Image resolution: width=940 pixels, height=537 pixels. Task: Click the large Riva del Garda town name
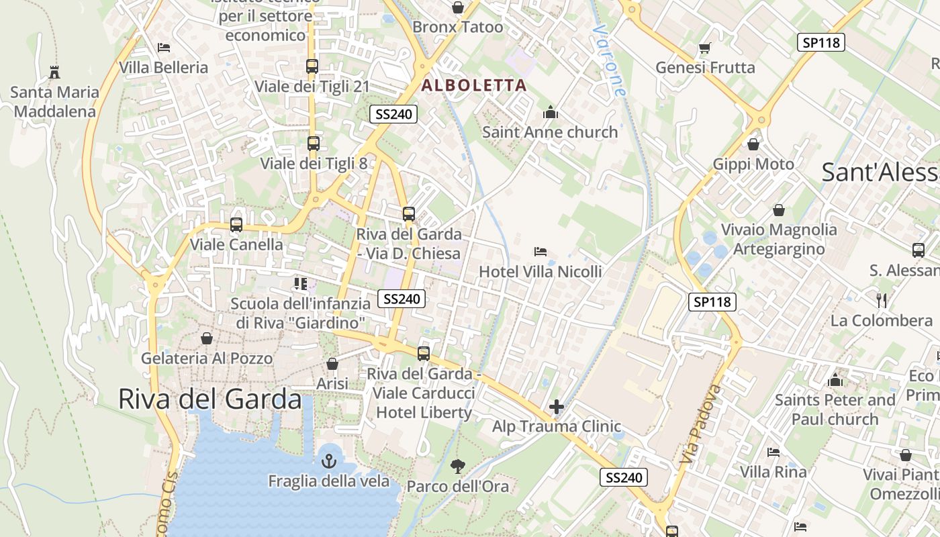[x=210, y=399]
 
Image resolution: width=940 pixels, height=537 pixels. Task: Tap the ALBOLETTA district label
[x=473, y=85]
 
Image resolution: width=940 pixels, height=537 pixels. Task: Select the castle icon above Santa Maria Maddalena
[x=54, y=72]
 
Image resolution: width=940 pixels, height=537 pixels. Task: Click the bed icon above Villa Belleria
[x=164, y=48]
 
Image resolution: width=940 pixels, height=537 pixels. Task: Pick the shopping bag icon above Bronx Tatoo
[x=458, y=7]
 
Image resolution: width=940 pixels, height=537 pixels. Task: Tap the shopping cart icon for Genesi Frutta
[x=705, y=48]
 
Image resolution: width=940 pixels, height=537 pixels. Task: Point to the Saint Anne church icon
[x=551, y=112]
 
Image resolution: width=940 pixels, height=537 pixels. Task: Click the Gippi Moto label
[x=753, y=164]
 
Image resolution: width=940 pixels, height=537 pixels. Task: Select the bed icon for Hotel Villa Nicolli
[x=540, y=252]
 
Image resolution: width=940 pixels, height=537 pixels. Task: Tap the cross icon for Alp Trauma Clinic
[x=556, y=407]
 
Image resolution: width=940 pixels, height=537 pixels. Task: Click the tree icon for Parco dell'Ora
[x=458, y=466]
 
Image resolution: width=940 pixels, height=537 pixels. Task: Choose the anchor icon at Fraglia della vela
[x=329, y=461]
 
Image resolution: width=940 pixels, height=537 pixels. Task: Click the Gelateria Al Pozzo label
[x=207, y=358]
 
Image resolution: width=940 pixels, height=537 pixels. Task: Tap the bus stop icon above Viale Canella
[x=236, y=225]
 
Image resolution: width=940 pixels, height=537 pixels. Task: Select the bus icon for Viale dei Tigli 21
[x=312, y=66]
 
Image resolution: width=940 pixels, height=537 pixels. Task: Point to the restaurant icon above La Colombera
[x=882, y=300]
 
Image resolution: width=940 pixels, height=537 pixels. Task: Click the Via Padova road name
[x=700, y=424]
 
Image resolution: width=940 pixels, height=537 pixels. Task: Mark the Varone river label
[x=610, y=60]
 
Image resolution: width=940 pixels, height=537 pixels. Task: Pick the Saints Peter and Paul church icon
[x=835, y=381]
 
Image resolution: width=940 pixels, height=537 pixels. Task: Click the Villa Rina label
[x=773, y=472]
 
